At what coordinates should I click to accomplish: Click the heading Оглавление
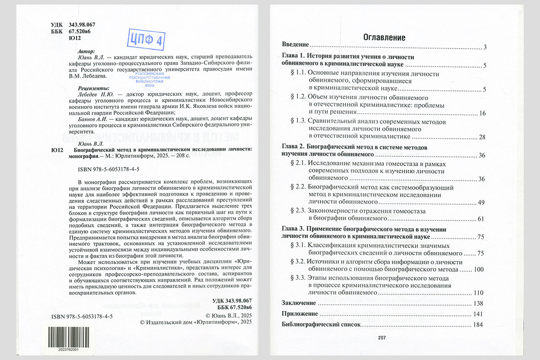384,37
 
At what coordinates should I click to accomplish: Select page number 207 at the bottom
382,338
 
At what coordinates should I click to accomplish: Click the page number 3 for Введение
486,47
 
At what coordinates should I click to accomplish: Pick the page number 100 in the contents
478,270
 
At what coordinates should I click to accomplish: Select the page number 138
478,303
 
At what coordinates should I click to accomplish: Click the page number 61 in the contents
481,219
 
